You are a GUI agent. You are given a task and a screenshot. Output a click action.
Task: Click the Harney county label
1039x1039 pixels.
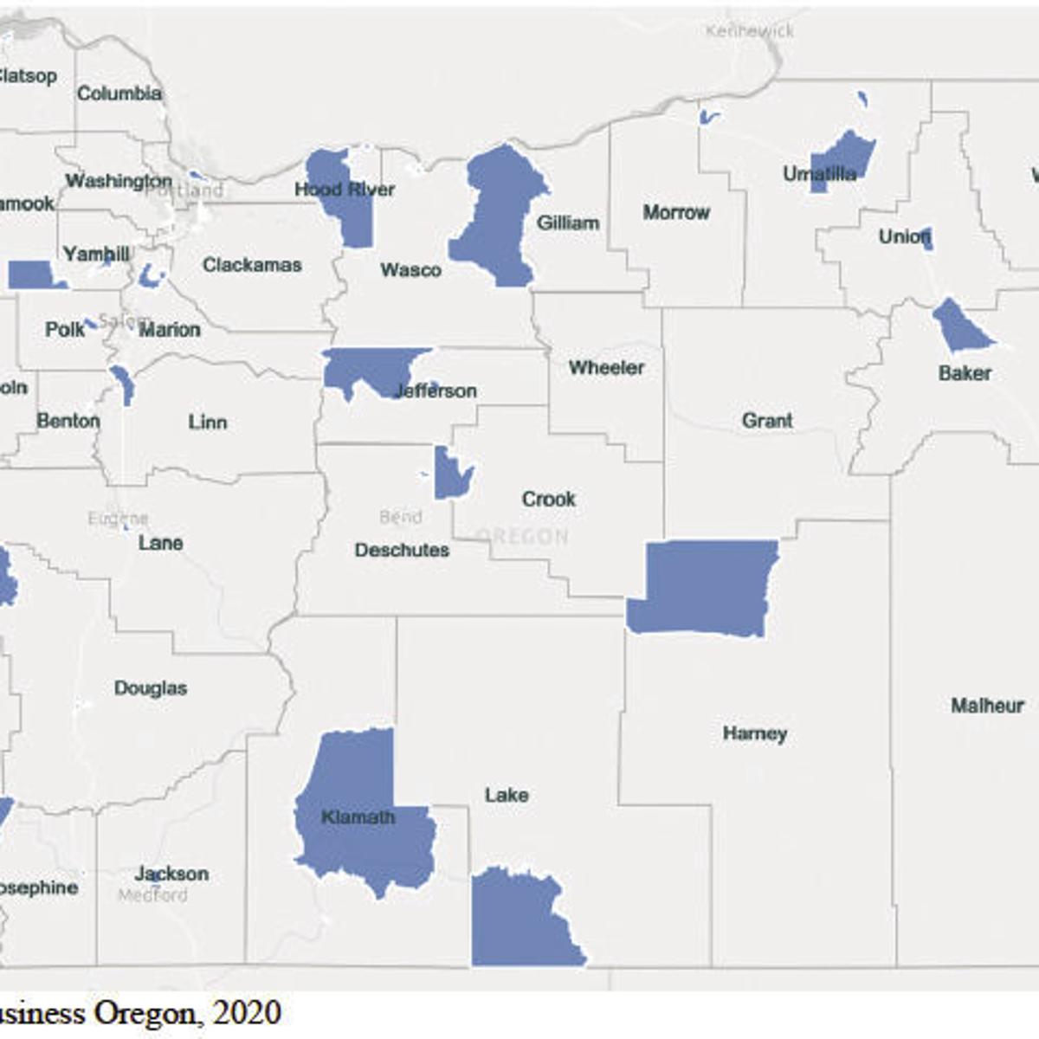tap(755, 734)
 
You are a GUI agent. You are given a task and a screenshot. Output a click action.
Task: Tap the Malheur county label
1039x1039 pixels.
tap(987, 706)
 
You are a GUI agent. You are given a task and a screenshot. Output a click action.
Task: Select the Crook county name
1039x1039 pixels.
tap(548, 500)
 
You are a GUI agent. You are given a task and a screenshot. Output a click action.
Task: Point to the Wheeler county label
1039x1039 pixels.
tap(606, 368)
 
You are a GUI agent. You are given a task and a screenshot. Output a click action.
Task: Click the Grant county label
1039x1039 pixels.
tap(767, 421)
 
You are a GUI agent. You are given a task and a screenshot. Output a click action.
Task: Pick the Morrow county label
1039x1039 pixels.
tap(675, 212)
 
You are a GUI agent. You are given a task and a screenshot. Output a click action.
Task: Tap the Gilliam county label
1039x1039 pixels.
tap(568, 223)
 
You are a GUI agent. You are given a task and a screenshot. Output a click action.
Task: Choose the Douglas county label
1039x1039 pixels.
tap(151, 688)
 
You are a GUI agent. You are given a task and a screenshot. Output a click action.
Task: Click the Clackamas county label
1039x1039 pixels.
tap(252, 265)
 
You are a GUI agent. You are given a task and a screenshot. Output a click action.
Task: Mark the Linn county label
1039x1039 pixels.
tap(208, 423)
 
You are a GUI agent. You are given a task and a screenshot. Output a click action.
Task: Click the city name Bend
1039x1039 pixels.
tap(401, 518)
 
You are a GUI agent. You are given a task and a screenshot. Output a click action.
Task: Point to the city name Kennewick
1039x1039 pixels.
tap(750, 31)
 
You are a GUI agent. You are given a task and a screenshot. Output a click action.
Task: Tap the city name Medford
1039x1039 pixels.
tap(152, 895)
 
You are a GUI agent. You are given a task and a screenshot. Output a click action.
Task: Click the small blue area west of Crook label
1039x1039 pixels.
tap(451, 474)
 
